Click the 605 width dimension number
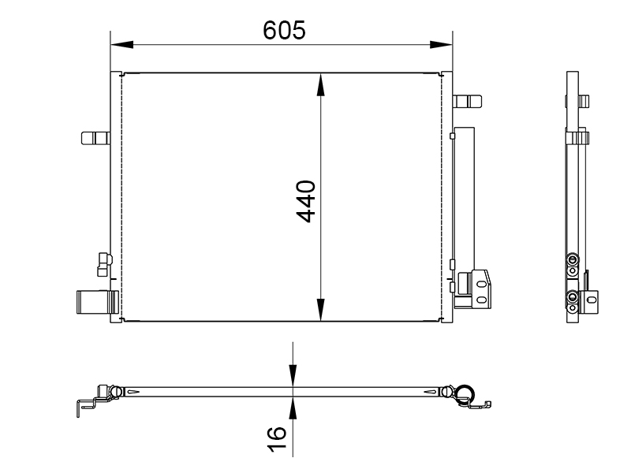[x=284, y=30]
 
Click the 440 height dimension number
[x=306, y=201]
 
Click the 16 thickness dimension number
[x=277, y=439]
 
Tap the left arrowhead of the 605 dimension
[x=121, y=44]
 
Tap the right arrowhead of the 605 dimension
[x=441, y=44]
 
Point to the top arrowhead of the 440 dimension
[x=320, y=85]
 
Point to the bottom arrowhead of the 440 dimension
[x=320, y=310]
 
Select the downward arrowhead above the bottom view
[x=293, y=376]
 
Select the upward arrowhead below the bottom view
[x=293, y=408]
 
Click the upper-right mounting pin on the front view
[x=467, y=102]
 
